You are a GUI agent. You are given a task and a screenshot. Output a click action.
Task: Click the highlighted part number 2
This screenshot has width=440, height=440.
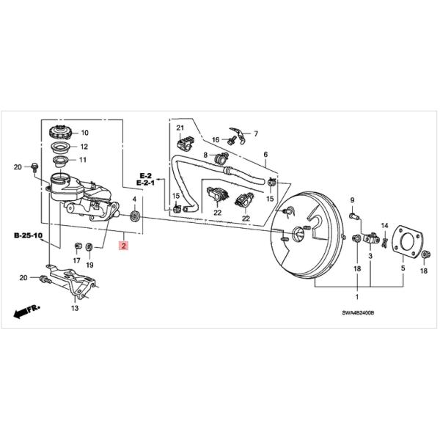pos(124,247)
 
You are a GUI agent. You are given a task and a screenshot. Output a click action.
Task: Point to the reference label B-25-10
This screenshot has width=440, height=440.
pos(28,237)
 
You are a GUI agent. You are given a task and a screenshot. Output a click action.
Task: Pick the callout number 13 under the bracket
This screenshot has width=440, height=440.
pos(74,309)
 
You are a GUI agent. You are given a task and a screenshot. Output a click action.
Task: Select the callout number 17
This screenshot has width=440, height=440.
pos(78,260)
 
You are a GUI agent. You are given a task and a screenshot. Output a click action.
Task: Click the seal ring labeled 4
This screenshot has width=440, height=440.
pos(135,217)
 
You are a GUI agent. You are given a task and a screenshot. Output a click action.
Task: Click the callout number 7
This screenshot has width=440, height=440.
pos(256,133)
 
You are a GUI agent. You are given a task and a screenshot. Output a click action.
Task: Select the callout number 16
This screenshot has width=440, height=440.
pos(216,139)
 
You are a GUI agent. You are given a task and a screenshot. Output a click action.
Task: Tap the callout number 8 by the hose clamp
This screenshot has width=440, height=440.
pos(206,155)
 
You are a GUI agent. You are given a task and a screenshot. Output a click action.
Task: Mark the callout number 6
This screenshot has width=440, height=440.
pos(265,155)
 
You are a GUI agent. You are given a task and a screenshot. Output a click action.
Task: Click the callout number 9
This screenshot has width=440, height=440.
pos(351,200)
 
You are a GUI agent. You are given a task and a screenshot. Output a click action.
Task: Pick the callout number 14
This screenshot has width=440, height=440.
pos(384,224)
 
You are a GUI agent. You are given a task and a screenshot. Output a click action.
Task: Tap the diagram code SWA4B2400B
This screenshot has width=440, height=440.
pos(359,312)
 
